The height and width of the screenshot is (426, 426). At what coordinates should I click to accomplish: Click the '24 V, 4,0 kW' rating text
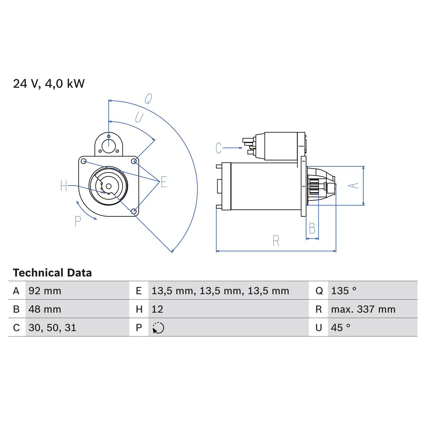[49, 84]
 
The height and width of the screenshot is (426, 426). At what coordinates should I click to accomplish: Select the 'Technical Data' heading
[52, 273]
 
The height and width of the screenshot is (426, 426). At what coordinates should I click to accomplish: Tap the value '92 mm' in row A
[45, 291]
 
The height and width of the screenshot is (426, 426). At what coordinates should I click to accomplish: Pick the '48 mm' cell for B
[45, 309]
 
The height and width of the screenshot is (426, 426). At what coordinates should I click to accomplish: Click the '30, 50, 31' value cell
[52, 328]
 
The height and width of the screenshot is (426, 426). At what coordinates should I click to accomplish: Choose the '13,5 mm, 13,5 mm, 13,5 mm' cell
[220, 291]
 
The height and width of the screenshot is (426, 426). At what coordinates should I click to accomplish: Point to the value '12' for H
[157, 309]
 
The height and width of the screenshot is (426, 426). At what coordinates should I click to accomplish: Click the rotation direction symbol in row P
[158, 328]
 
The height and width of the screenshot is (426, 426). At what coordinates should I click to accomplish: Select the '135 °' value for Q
[343, 291]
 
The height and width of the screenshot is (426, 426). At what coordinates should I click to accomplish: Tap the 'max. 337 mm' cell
[363, 309]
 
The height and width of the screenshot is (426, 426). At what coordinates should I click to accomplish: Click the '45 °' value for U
[340, 328]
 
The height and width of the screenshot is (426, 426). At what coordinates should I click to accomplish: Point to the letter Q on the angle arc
[148, 99]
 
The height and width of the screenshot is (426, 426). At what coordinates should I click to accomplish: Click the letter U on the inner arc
[139, 117]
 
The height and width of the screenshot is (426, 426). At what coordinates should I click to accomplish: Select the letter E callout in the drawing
[164, 182]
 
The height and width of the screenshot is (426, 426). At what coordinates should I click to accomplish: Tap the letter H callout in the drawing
[64, 186]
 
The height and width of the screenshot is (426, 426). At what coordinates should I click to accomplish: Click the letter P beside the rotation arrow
[78, 221]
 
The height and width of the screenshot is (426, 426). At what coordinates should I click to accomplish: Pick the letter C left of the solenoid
[218, 148]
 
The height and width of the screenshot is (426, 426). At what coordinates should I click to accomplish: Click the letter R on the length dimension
[276, 241]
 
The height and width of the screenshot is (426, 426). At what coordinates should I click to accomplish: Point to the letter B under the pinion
[312, 229]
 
